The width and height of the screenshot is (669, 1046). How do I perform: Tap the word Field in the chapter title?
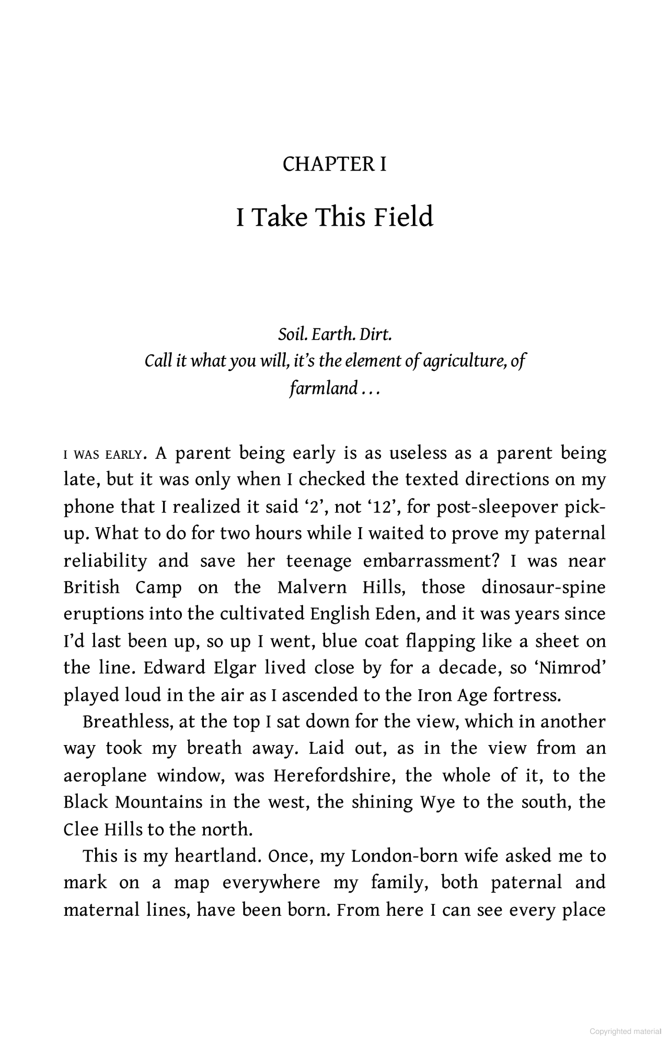click(x=403, y=217)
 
